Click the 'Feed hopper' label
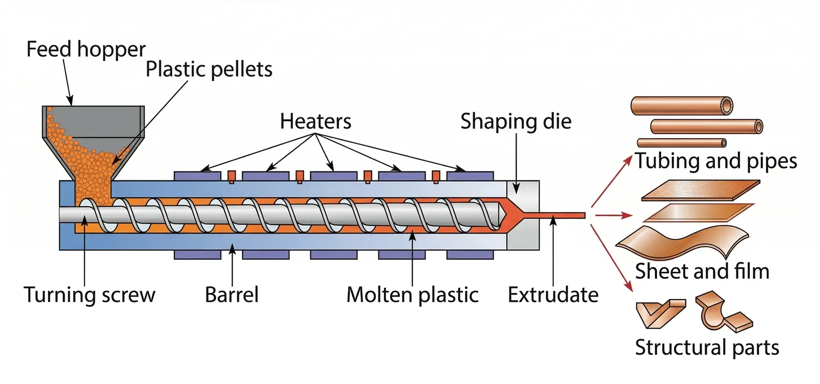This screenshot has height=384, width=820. tap(86, 50)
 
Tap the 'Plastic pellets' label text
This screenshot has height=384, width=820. tap(209, 70)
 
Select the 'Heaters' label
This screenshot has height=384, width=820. tap(315, 122)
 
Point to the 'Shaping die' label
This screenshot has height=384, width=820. tap(516, 122)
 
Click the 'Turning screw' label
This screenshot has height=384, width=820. tap(89, 295)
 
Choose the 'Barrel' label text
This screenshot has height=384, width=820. tap(232, 295)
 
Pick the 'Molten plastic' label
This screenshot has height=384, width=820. tap(412, 295)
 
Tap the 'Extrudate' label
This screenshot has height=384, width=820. tap(553, 295)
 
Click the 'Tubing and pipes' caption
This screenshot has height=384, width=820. tap(716, 161)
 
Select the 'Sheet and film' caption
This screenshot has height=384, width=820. tap(702, 271)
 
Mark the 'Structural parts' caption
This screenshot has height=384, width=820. tap(707, 347)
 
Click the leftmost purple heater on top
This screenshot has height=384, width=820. tap(197, 176)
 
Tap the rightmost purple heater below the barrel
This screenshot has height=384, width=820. tap(470, 254)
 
